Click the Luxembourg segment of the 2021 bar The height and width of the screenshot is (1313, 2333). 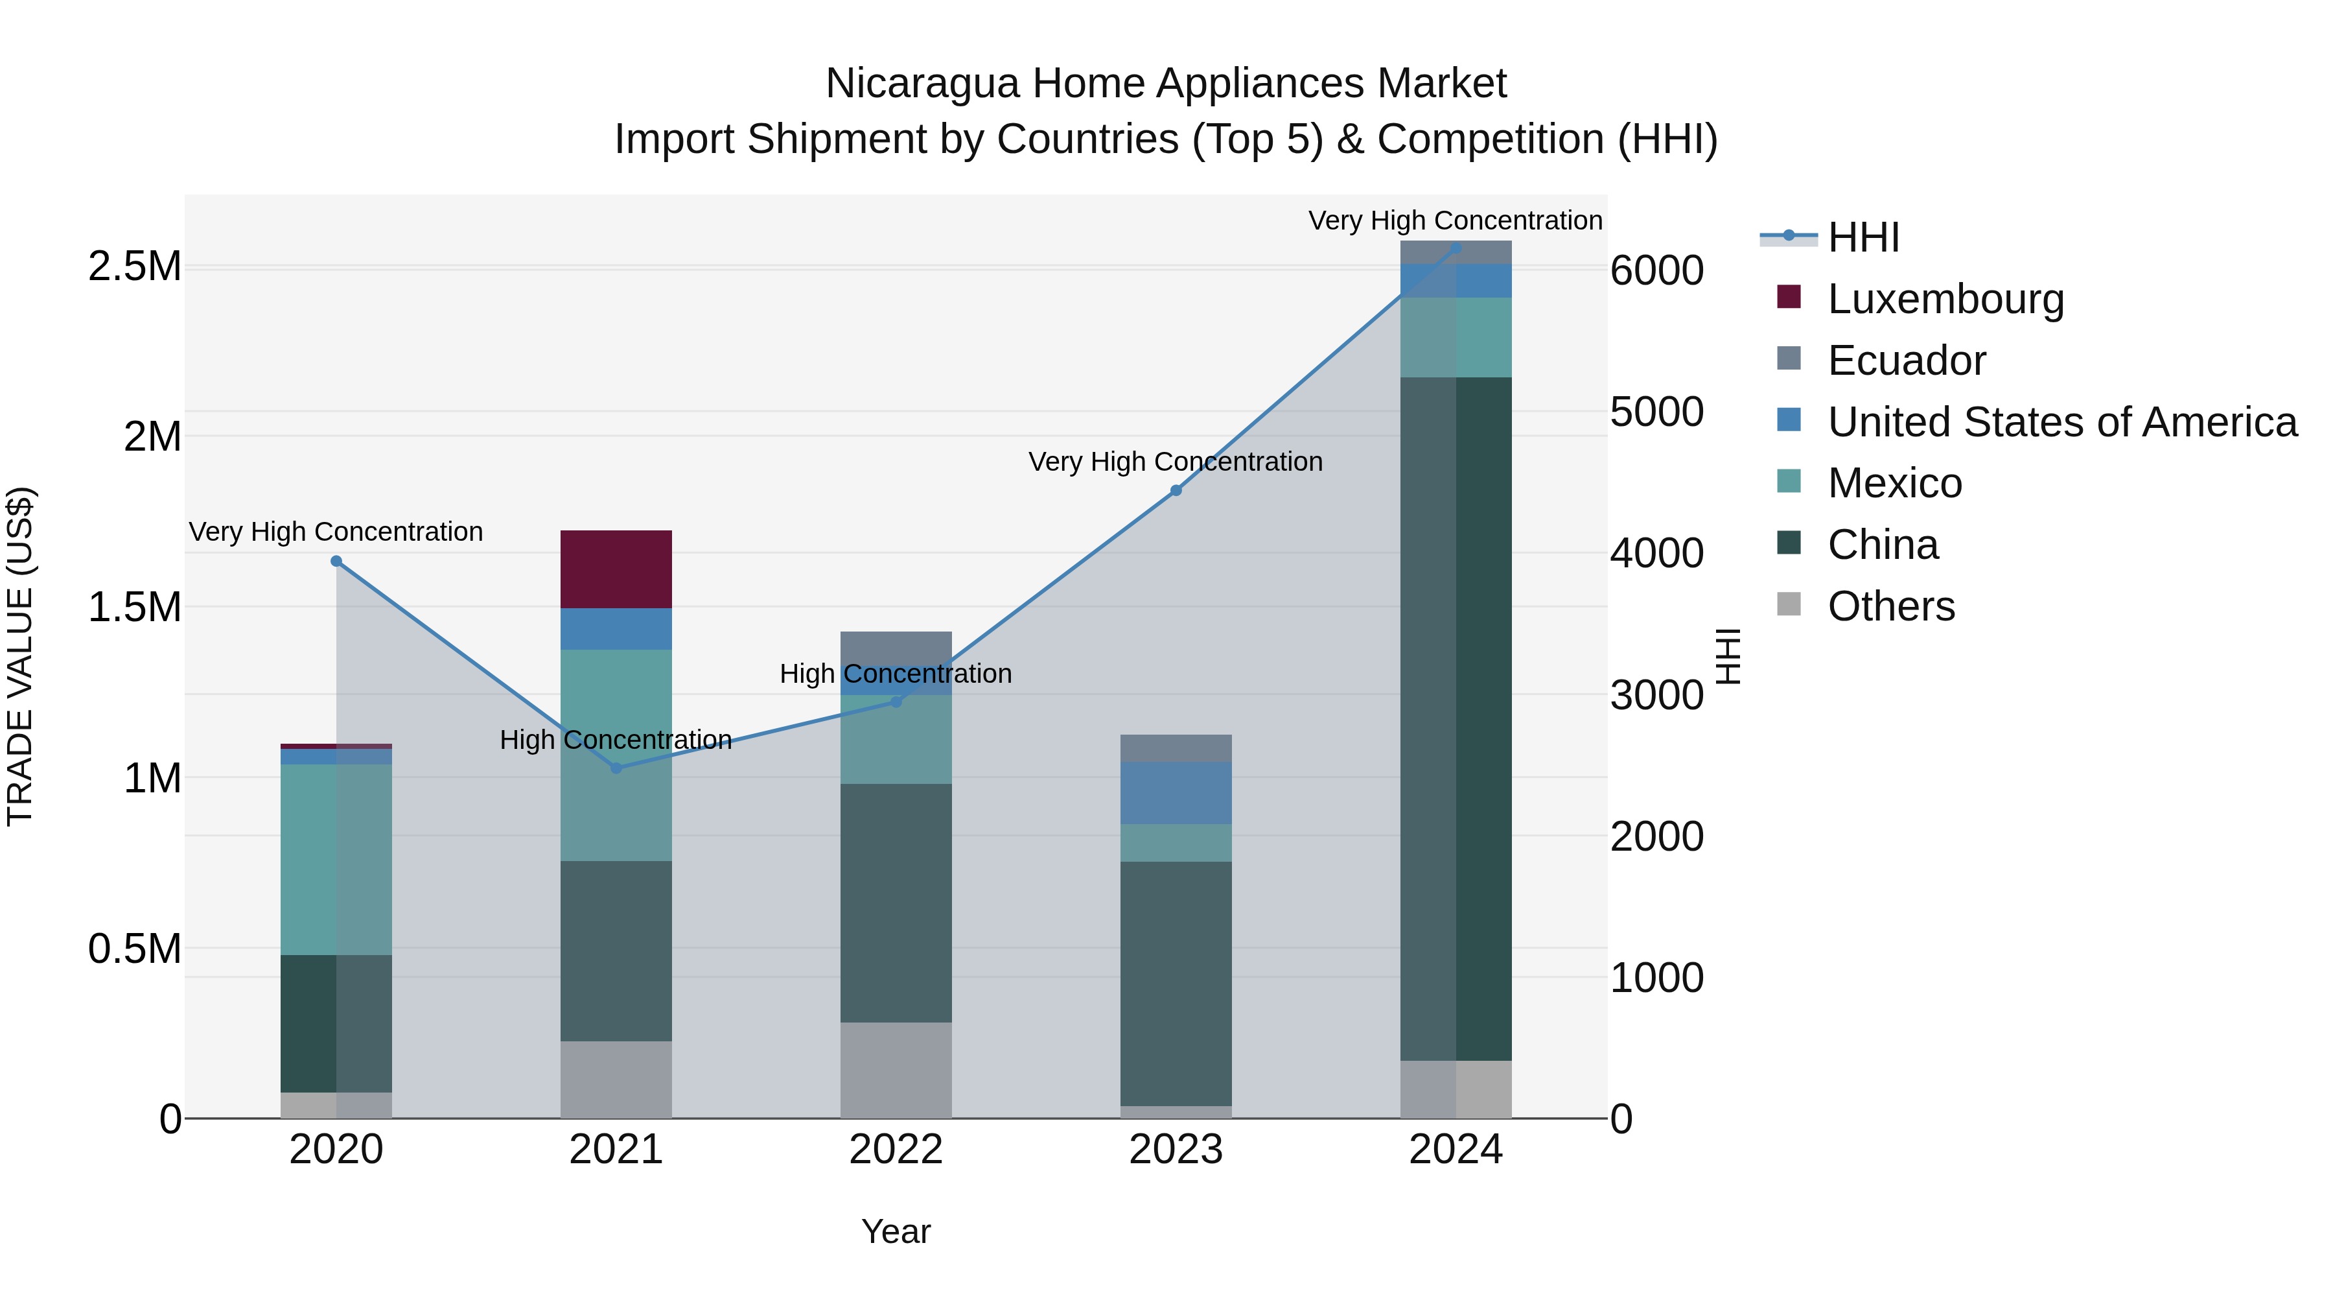tap(616, 569)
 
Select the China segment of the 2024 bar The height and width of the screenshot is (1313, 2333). tap(1456, 718)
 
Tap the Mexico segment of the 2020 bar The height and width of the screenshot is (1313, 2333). tap(336, 859)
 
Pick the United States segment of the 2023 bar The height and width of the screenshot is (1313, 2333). tap(1176, 793)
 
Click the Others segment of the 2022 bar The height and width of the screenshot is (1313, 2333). tap(896, 1069)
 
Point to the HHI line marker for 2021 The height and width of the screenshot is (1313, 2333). tap(616, 768)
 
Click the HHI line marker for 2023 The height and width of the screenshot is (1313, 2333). tap(1176, 490)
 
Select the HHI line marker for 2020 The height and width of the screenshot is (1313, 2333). tap(336, 561)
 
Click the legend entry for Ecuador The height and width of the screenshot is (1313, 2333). tap(1907, 361)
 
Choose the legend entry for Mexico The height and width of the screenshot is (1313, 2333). tap(1895, 483)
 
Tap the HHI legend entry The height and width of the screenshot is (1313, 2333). tap(1863, 237)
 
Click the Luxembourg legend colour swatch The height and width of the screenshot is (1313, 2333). tap(1789, 297)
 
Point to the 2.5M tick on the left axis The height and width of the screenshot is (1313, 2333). tap(135, 266)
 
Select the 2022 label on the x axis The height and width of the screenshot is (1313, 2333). tap(896, 1150)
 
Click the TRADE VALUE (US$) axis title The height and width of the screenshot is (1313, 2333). tap(20, 656)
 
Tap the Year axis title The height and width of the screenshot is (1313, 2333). tap(896, 1231)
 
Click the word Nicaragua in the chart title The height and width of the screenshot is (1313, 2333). tap(923, 84)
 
